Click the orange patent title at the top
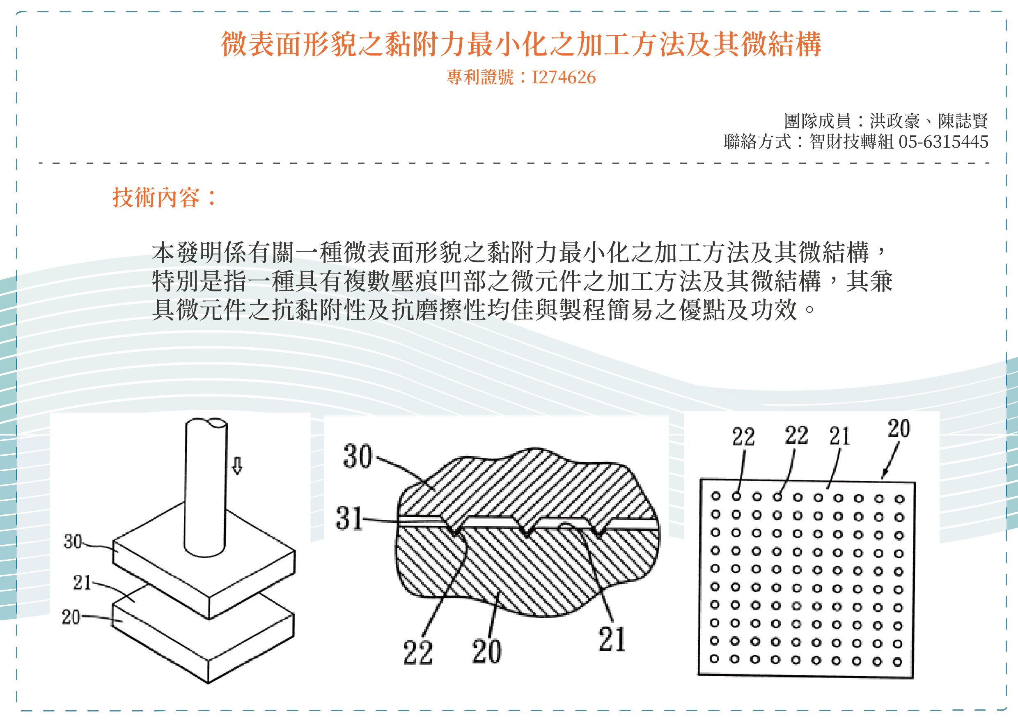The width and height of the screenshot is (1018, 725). click(521, 44)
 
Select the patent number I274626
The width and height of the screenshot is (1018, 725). click(564, 77)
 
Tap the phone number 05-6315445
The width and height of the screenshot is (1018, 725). click(943, 142)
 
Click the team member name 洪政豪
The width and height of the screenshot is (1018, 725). click(895, 121)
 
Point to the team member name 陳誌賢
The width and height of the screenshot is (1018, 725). click(963, 121)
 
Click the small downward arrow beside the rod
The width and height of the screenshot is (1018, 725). click(237, 466)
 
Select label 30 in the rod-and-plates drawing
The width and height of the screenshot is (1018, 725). click(73, 541)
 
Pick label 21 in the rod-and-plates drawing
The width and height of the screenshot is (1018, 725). click(83, 583)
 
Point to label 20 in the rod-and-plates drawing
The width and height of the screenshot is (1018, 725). click(71, 617)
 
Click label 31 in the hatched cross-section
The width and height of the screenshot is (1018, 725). click(349, 519)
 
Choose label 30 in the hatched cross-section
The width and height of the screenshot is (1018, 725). click(358, 456)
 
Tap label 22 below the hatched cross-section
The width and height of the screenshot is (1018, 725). click(418, 652)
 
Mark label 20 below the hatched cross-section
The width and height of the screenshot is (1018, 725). click(486, 652)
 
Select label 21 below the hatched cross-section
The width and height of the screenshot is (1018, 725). click(612, 639)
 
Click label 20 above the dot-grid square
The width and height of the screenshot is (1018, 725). click(899, 429)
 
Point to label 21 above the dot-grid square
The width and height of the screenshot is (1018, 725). click(839, 436)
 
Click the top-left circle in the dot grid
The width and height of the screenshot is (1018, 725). click(716, 496)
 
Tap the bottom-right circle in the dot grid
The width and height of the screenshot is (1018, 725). click(898, 662)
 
